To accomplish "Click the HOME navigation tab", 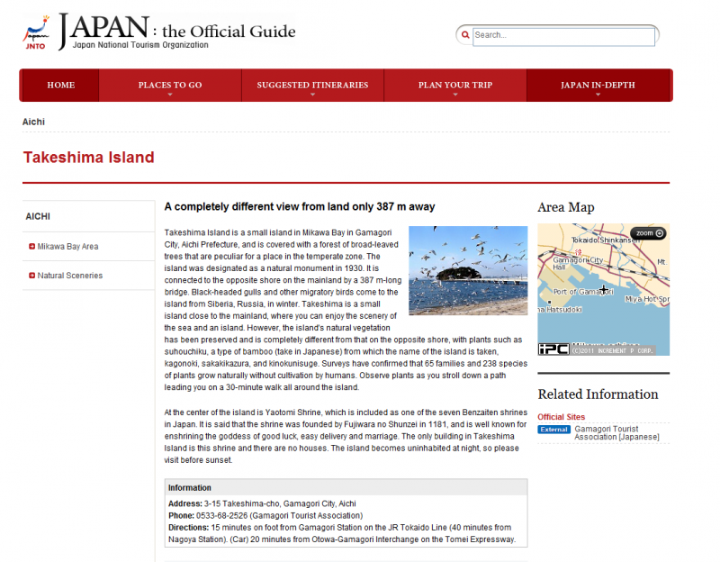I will click(x=60, y=86).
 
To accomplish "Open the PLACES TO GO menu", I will click(x=170, y=86).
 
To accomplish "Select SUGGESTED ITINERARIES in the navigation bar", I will click(x=312, y=86).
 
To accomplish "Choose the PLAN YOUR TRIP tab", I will click(x=455, y=86).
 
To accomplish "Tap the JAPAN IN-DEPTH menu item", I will click(x=598, y=86).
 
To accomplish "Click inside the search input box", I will click(x=563, y=36).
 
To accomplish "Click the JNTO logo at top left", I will click(x=35, y=32).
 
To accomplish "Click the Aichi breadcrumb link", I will click(x=33, y=122).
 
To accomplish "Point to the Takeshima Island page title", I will click(x=88, y=158).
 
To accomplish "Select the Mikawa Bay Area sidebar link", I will click(x=67, y=247).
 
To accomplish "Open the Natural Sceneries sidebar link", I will click(x=69, y=276).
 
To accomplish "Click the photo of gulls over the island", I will click(x=468, y=269).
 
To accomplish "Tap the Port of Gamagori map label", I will click(x=583, y=292).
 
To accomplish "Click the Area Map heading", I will click(x=565, y=208).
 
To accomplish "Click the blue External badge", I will click(x=553, y=430).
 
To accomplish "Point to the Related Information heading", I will click(x=598, y=394).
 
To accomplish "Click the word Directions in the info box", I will click(x=188, y=528).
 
